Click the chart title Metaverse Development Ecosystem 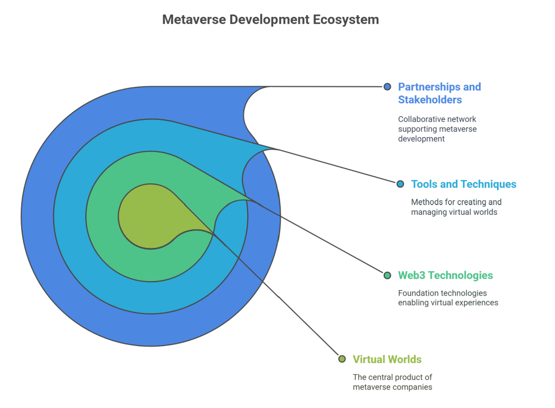pyautogui.click(x=270, y=20)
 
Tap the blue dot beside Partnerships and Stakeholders pyautogui.click(x=387, y=87)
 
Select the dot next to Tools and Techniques pyautogui.click(x=401, y=184)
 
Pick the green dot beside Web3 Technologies pyautogui.click(x=387, y=275)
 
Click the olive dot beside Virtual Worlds pyautogui.click(x=342, y=359)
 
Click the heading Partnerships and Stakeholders pyautogui.click(x=439, y=93)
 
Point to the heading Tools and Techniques pyautogui.click(x=464, y=184)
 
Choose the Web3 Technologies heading pyautogui.click(x=446, y=275)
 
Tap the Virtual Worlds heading pyautogui.click(x=387, y=359)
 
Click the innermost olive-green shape pyautogui.click(x=152, y=216)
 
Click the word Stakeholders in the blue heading pyautogui.click(x=430, y=100)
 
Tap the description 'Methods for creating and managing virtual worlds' pyautogui.click(x=456, y=207)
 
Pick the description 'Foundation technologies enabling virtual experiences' pyautogui.click(x=448, y=298)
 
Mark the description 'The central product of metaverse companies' pyautogui.click(x=392, y=382)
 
